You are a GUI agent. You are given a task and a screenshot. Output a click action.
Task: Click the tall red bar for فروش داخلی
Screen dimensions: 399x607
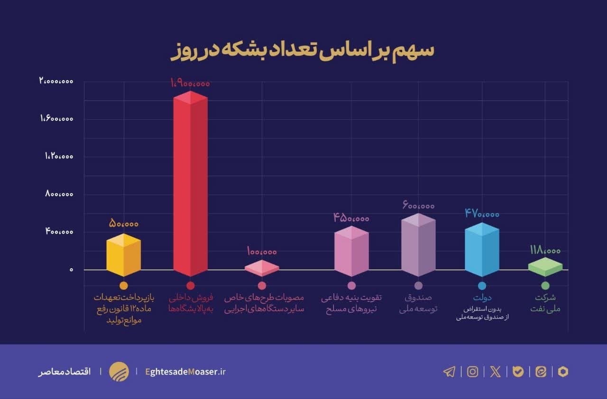[190, 185]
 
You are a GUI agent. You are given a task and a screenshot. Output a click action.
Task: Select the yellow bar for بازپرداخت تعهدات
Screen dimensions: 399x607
[123, 256]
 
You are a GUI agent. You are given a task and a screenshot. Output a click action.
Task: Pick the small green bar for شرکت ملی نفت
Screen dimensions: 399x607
[545, 267]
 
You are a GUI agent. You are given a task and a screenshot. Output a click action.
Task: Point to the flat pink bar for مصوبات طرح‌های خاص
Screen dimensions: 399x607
[262, 268]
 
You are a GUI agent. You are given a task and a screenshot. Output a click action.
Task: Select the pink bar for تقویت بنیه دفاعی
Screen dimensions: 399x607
[351, 252]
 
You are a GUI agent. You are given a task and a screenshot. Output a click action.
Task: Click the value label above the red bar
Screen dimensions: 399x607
[190, 83]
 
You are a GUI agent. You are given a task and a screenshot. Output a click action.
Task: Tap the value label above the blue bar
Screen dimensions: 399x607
[482, 214]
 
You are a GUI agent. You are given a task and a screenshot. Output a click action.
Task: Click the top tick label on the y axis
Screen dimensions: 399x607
[56, 82]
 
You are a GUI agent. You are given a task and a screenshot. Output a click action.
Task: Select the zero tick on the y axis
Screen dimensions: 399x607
[72, 270]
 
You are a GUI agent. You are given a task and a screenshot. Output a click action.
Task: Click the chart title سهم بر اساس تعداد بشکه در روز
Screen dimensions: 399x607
[302, 51]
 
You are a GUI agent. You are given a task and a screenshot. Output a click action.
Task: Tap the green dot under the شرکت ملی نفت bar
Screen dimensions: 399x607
[545, 286]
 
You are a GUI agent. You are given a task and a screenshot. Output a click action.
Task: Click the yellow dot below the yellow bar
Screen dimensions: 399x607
[123, 286]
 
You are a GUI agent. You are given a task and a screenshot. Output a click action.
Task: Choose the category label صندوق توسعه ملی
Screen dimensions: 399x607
[418, 303]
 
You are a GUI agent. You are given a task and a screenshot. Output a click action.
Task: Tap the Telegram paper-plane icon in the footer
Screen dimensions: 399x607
[449, 372]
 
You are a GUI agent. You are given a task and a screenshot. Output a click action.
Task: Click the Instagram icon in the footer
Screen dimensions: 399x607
[472, 372]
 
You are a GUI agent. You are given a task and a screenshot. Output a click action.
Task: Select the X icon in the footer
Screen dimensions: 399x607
[495, 372]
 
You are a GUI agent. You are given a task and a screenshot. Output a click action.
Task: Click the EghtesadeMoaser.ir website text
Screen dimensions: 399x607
[185, 372]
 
